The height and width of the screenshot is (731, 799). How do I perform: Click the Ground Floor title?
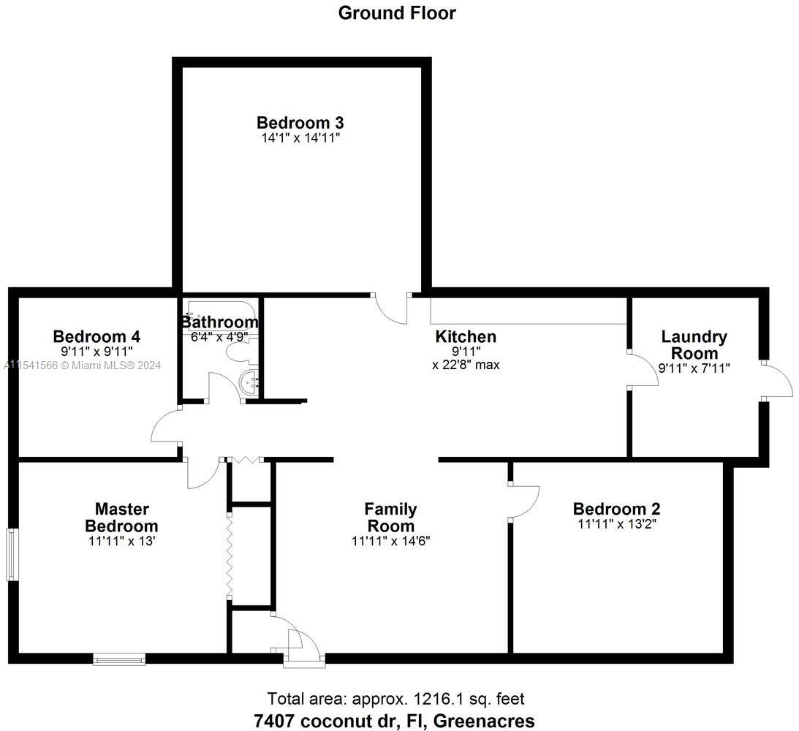click(x=396, y=12)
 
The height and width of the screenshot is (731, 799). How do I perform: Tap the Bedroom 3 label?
click(x=300, y=122)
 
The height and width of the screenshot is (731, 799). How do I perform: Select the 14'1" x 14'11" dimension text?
click(x=300, y=137)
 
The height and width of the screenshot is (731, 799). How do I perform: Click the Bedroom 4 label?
click(x=96, y=336)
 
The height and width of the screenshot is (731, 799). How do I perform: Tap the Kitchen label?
click(x=466, y=336)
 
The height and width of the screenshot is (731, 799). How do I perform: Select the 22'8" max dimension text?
click(x=466, y=365)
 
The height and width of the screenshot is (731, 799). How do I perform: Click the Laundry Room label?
click(x=694, y=344)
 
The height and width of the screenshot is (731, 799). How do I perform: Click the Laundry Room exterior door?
click(x=777, y=379)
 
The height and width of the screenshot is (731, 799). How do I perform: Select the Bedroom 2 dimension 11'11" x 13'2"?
click(x=616, y=524)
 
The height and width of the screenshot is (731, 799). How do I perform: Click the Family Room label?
click(x=391, y=517)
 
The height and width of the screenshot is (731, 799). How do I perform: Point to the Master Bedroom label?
click(x=122, y=517)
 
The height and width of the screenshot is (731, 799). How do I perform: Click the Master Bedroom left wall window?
click(x=12, y=554)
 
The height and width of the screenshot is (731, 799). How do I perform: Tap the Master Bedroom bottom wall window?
click(x=119, y=659)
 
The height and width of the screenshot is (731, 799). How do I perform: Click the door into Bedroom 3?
click(x=391, y=308)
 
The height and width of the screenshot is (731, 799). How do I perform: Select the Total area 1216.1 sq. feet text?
click(x=396, y=699)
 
